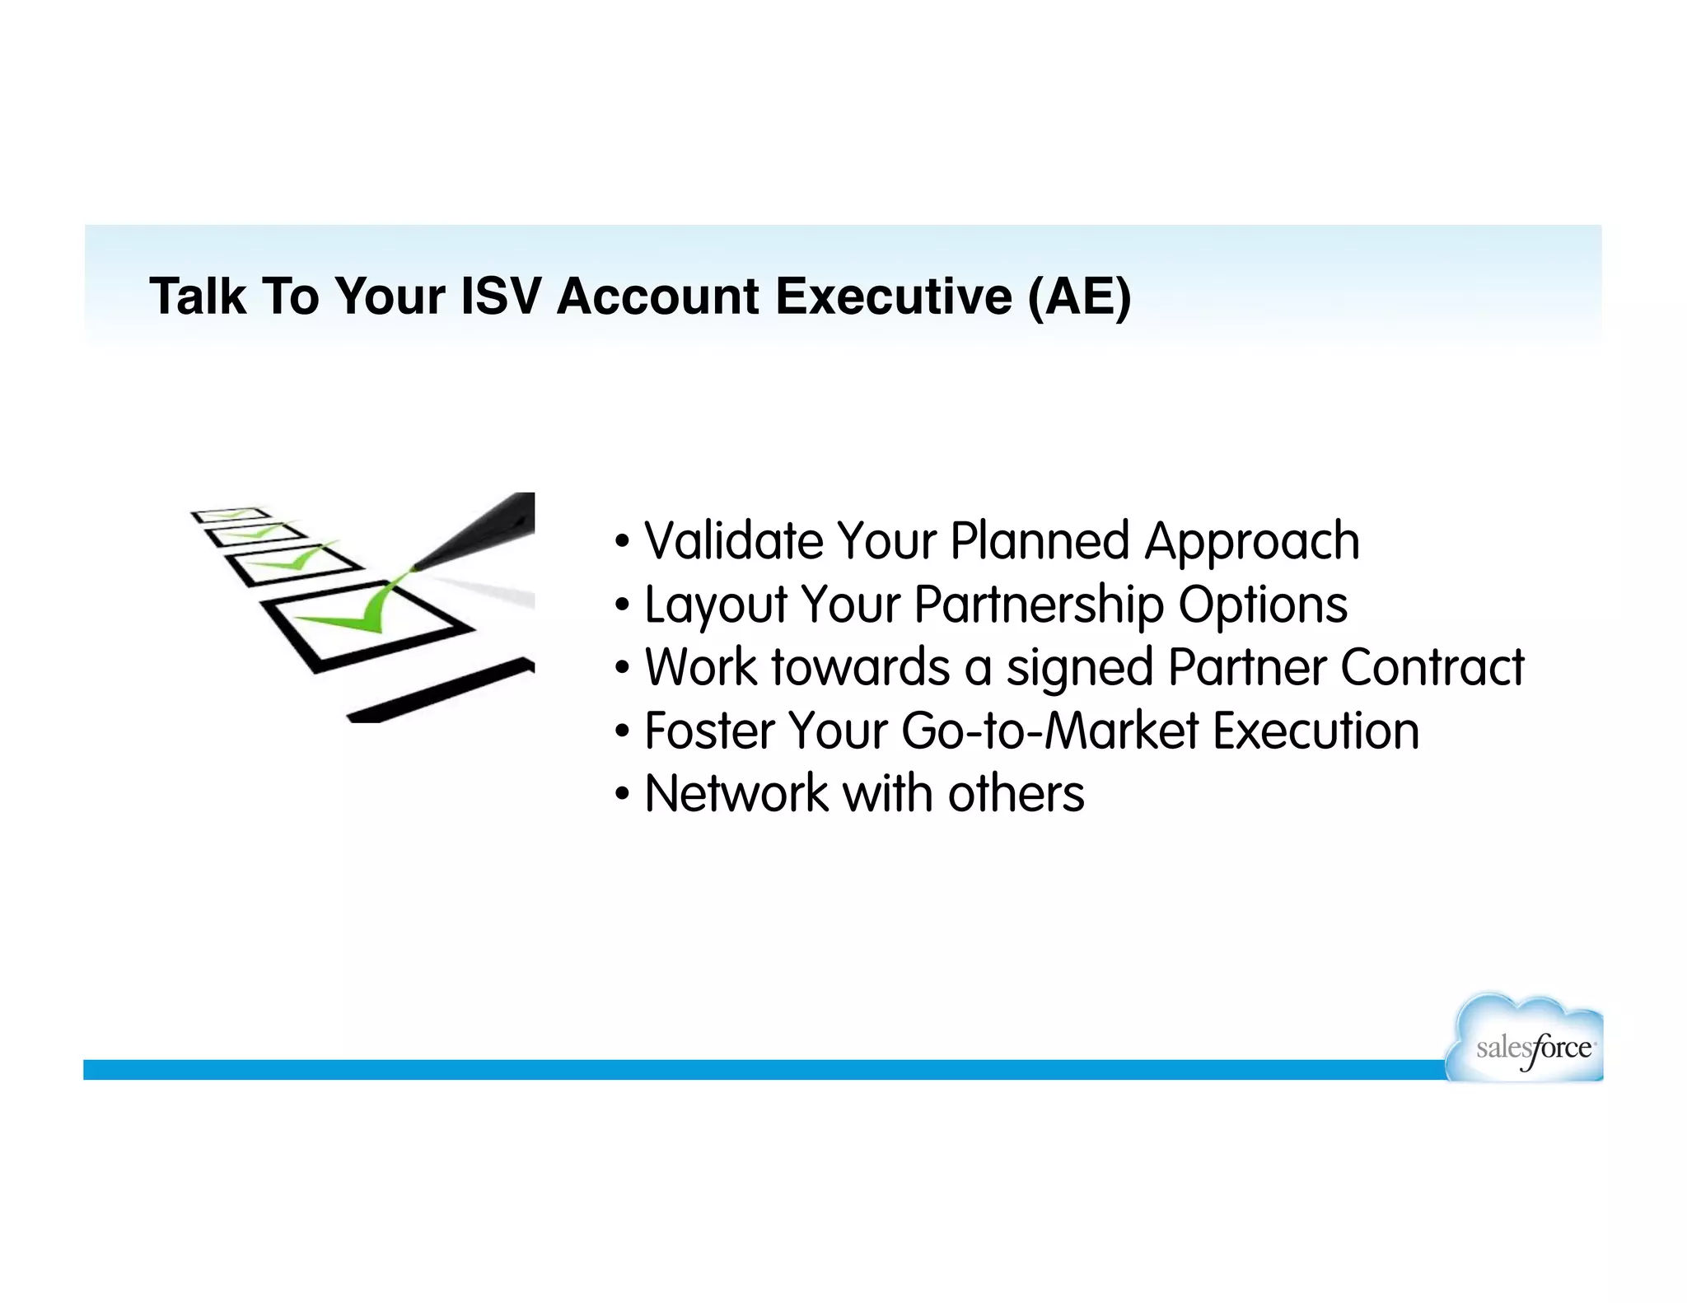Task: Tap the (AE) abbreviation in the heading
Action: point(1079,297)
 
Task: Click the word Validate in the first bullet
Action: point(733,541)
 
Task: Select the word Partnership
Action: point(1039,605)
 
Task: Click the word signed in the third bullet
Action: point(1079,668)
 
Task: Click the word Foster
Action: point(708,731)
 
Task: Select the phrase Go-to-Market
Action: point(1050,731)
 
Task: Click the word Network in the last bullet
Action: point(736,794)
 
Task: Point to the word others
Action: point(1016,794)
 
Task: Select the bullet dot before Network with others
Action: point(623,795)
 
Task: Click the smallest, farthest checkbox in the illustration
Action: point(230,515)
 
